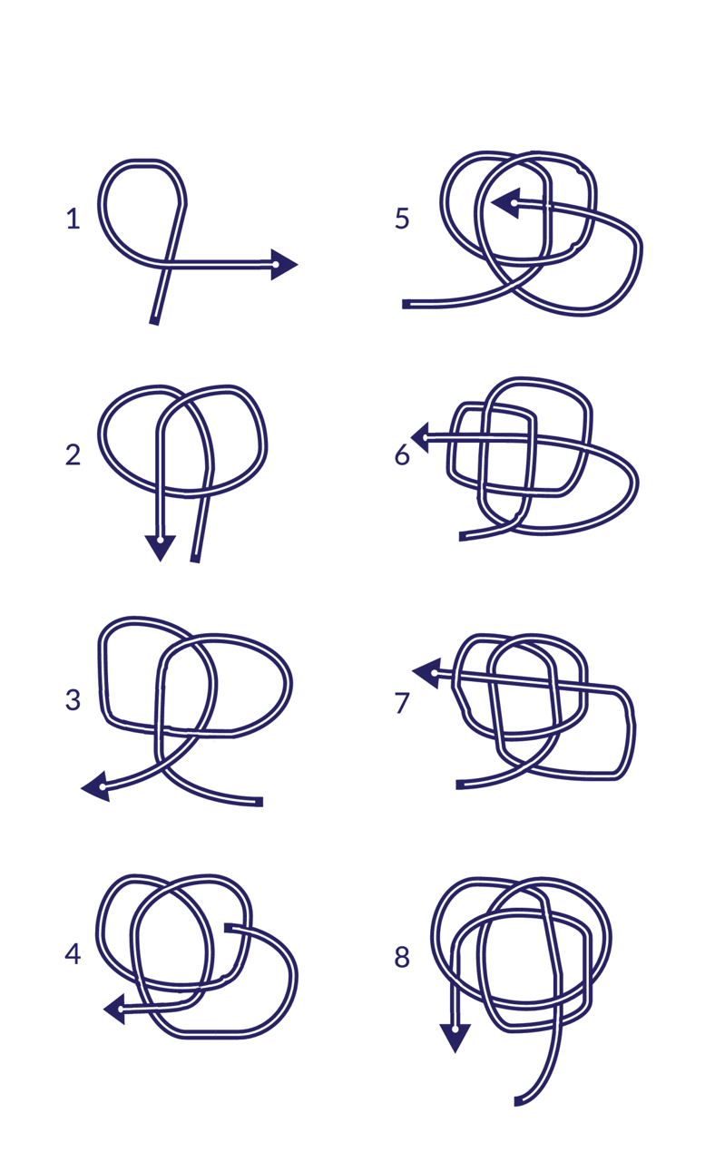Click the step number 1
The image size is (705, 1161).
(73, 219)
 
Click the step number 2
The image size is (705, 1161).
(73, 454)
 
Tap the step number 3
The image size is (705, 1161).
(73, 699)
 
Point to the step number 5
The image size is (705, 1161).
(402, 219)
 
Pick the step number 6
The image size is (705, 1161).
(402, 454)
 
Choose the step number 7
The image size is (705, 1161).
(402, 703)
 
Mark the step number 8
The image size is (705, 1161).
(402, 957)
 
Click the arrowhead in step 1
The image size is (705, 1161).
(284, 264)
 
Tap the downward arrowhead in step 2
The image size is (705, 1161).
(161, 547)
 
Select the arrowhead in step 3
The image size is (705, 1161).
(97, 786)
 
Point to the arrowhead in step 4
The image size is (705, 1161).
(115, 1009)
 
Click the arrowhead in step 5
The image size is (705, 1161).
(506, 203)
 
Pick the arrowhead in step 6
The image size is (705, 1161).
(420, 437)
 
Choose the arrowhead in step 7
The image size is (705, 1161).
(427, 673)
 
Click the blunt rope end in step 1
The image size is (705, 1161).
(154, 321)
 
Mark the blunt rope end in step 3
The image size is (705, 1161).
(260, 803)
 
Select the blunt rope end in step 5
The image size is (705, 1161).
(406, 304)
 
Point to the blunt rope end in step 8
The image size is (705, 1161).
(517, 1101)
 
